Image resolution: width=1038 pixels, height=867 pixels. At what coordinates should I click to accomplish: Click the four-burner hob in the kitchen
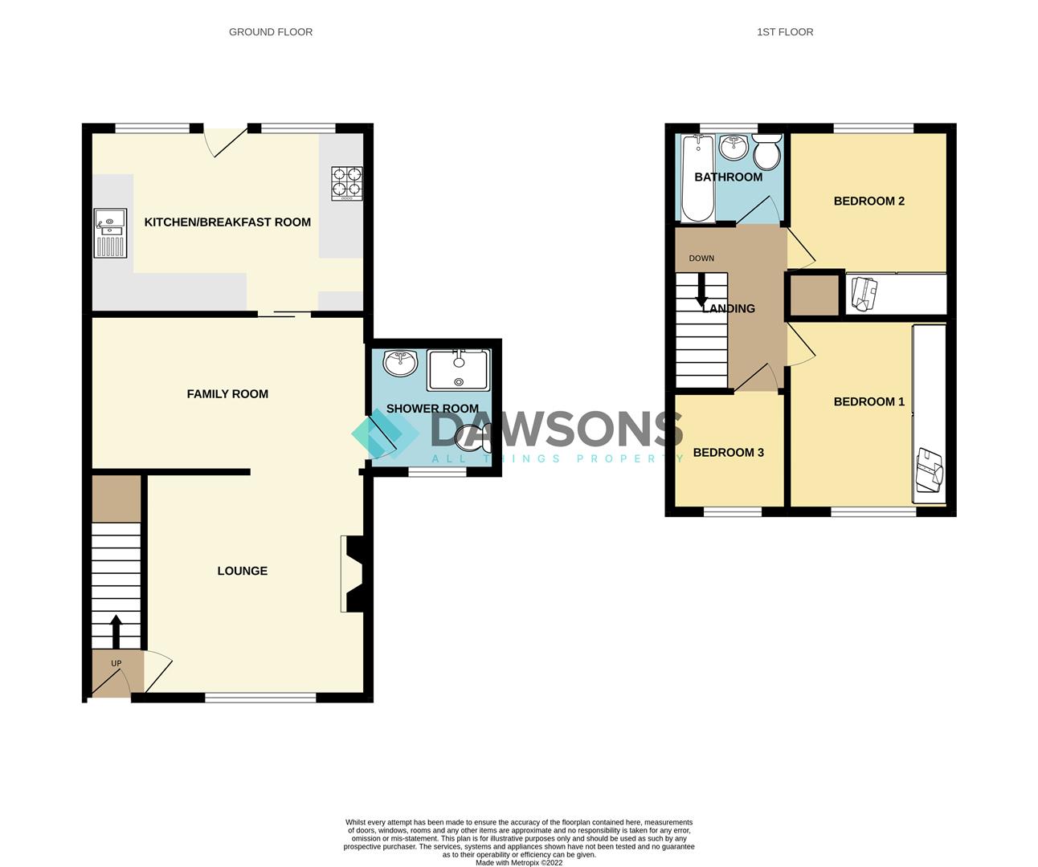coord(346,182)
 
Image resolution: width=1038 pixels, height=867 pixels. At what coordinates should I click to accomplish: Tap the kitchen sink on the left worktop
coord(108,233)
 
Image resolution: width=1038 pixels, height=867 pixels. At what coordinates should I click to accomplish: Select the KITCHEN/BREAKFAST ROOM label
coord(227,222)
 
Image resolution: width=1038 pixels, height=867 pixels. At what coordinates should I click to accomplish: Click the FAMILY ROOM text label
coord(227,394)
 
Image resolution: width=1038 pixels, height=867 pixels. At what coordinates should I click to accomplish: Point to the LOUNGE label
coord(242,571)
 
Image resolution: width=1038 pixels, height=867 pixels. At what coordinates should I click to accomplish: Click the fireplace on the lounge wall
coord(353,575)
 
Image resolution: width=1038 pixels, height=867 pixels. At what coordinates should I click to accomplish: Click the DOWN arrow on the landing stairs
coord(701,290)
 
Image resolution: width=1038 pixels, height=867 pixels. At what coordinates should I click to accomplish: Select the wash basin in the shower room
coord(400,363)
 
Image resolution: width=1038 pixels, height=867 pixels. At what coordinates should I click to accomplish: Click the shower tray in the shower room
coord(458,370)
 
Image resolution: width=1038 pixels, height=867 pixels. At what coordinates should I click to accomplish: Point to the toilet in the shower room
coord(472,438)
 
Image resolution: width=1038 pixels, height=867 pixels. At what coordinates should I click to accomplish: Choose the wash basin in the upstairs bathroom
coord(733,147)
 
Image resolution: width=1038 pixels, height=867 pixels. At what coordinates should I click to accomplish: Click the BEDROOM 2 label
coord(868,201)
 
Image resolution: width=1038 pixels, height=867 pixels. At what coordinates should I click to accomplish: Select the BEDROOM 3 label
coord(728,453)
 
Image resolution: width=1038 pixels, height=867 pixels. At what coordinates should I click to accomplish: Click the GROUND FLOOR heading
coord(271,32)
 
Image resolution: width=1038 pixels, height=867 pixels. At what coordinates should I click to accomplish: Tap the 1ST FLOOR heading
coord(785,32)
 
